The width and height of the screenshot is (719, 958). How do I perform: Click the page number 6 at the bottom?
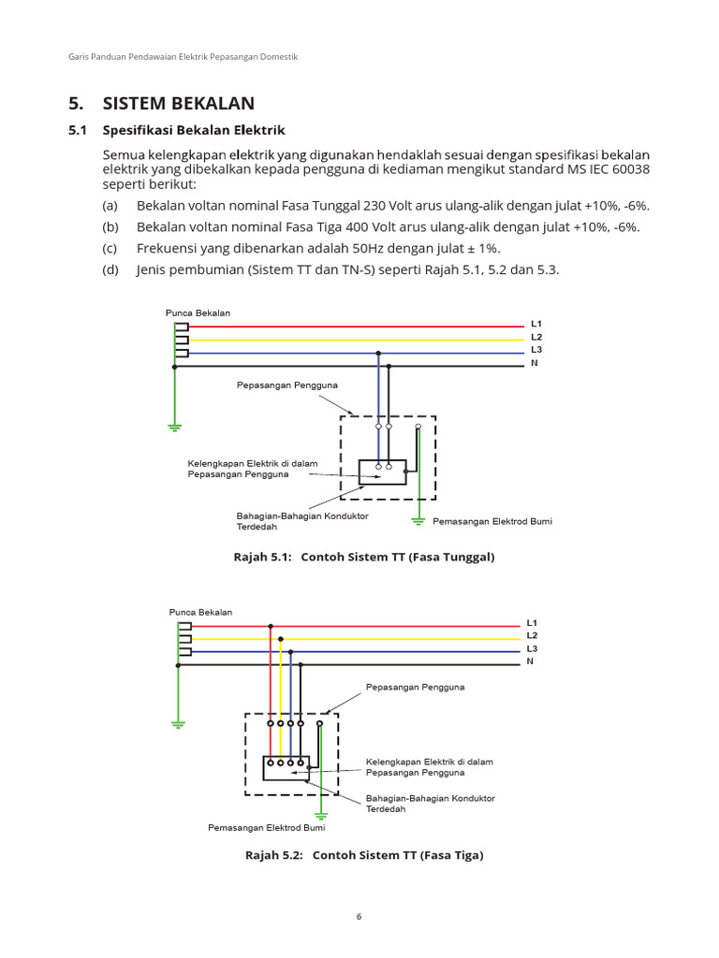[359, 916]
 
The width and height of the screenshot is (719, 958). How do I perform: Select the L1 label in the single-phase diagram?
[536, 324]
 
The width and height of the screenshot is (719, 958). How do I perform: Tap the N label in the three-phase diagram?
[530, 661]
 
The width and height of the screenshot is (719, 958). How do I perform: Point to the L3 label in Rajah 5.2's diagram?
[532, 648]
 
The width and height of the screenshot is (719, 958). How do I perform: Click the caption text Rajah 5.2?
[274, 855]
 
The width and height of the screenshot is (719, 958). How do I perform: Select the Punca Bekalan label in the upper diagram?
[198, 312]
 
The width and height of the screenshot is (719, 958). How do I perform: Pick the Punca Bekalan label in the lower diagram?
[200, 612]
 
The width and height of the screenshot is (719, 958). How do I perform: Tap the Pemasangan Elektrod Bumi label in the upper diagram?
[492, 521]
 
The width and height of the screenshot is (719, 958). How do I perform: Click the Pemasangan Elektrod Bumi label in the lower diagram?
[266, 827]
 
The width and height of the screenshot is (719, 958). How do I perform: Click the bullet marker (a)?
[110, 205]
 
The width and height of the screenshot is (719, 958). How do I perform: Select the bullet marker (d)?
[110, 270]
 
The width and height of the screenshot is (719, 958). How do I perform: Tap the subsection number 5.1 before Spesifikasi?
[77, 130]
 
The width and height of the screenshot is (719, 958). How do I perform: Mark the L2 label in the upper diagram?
[536, 337]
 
